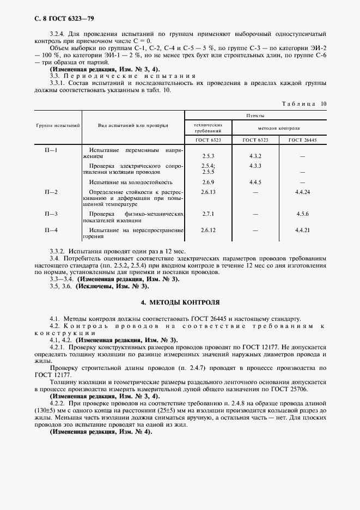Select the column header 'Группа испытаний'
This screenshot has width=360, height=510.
coord(58,125)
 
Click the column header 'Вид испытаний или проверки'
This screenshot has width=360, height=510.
coord(133,125)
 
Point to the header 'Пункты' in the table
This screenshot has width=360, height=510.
coord(255,116)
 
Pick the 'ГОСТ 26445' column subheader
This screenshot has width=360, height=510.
coord(303,140)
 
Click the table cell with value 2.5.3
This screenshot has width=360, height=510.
coord(208,156)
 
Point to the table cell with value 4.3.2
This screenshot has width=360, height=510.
coord(255,156)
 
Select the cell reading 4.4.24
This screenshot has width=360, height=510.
coord(303,192)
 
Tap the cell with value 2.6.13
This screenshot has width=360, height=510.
coord(208,192)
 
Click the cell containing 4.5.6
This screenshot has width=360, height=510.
coord(303,214)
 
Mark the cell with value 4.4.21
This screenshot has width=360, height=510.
coord(303,230)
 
